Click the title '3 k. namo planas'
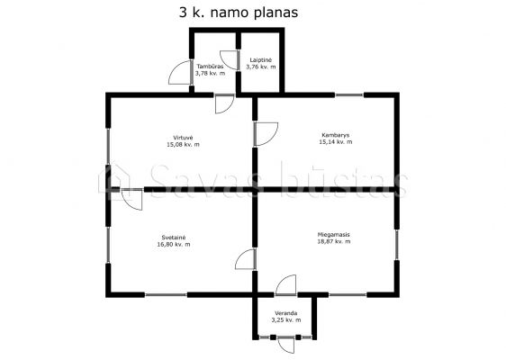[x=239, y=13]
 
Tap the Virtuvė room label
[x=183, y=138]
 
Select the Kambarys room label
[x=336, y=135]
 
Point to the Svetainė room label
[x=174, y=238]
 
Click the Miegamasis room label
[x=334, y=235]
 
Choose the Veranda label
[x=286, y=313]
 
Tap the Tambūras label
[x=210, y=67]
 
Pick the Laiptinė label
[x=261, y=60]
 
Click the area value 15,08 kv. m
[x=183, y=145]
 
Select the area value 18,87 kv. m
[x=334, y=241]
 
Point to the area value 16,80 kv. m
[x=174, y=244]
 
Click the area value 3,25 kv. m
[x=286, y=320]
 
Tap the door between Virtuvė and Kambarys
[x=266, y=134]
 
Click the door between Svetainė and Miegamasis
[x=246, y=259]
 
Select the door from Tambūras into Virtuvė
[x=224, y=103]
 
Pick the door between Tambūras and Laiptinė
[x=230, y=60]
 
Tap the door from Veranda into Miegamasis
[x=286, y=285]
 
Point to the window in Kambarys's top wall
[x=349, y=95]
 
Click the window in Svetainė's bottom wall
[x=166, y=294]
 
